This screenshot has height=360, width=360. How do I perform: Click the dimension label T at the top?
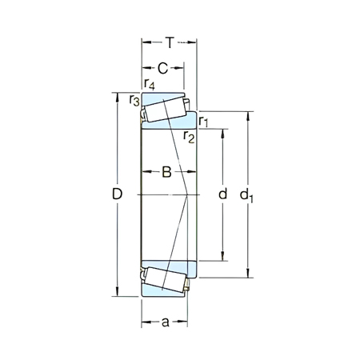[x=170, y=41]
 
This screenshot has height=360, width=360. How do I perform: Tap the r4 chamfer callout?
[x=150, y=84]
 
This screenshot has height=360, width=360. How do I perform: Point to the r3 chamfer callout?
[x=134, y=100]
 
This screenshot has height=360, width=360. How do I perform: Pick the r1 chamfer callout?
[x=204, y=122]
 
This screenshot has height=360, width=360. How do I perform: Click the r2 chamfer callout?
[x=189, y=137]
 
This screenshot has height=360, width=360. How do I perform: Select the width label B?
[x=167, y=171]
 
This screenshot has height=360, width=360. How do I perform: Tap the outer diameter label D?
[x=117, y=194]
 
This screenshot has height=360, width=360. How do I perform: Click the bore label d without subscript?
[x=222, y=194]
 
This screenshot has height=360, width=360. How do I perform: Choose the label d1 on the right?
[x=247, y=194]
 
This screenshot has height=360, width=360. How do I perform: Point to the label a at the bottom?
[x=165, y=323]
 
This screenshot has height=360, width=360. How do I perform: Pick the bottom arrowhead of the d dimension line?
[x=222, y=258]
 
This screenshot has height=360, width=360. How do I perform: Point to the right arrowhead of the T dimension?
[x=194, y=41]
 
